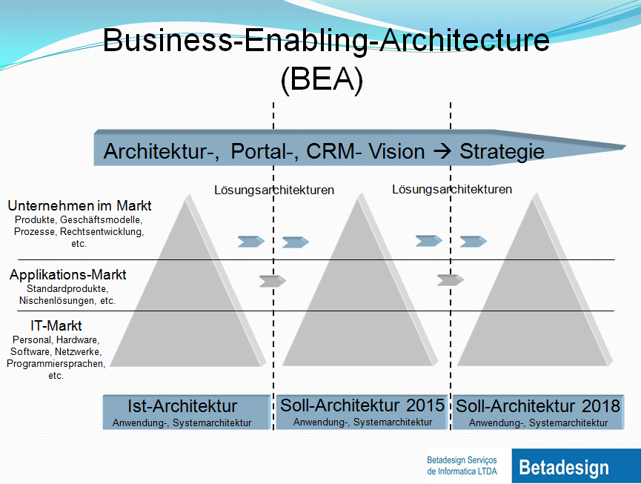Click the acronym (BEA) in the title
[322, 79]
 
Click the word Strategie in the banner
[502, 151]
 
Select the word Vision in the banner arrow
[396, 151]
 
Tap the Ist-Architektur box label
[182, 406]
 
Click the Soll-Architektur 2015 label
[362, 405]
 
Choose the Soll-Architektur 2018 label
[538, 406]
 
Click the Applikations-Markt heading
[68, 275]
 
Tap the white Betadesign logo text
[564, 468]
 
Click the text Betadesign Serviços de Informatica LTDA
[462, 465]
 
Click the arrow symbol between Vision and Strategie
[441, 151]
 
